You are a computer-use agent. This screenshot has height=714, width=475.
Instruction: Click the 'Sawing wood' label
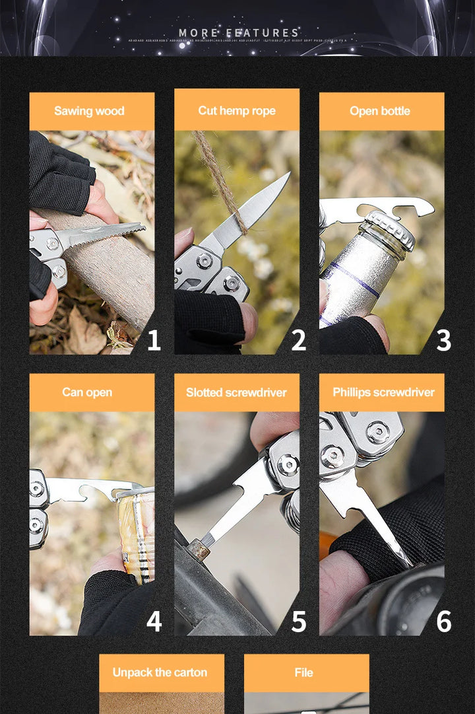89,111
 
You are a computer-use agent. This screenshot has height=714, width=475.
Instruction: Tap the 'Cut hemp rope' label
237,110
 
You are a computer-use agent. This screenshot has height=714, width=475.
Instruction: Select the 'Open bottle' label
380,111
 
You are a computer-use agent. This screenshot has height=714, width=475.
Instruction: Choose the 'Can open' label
87,392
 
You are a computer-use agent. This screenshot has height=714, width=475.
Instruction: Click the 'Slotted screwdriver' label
236,392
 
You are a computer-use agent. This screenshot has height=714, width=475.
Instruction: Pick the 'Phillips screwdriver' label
383,392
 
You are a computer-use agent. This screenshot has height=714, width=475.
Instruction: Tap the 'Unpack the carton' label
160,672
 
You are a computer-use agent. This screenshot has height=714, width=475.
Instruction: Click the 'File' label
304,672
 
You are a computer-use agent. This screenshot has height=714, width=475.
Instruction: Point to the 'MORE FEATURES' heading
239,32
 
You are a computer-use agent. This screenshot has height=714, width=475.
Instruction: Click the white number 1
154,341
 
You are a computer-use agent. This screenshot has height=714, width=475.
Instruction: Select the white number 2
299,341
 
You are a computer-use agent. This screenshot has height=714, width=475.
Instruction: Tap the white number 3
444,341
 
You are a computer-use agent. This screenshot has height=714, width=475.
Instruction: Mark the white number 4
154,622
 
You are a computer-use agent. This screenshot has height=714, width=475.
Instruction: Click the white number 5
299,622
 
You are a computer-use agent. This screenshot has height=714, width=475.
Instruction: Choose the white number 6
444,622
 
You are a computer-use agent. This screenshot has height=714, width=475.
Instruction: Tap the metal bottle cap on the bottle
391,228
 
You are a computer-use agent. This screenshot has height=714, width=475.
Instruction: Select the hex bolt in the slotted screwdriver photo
196,548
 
